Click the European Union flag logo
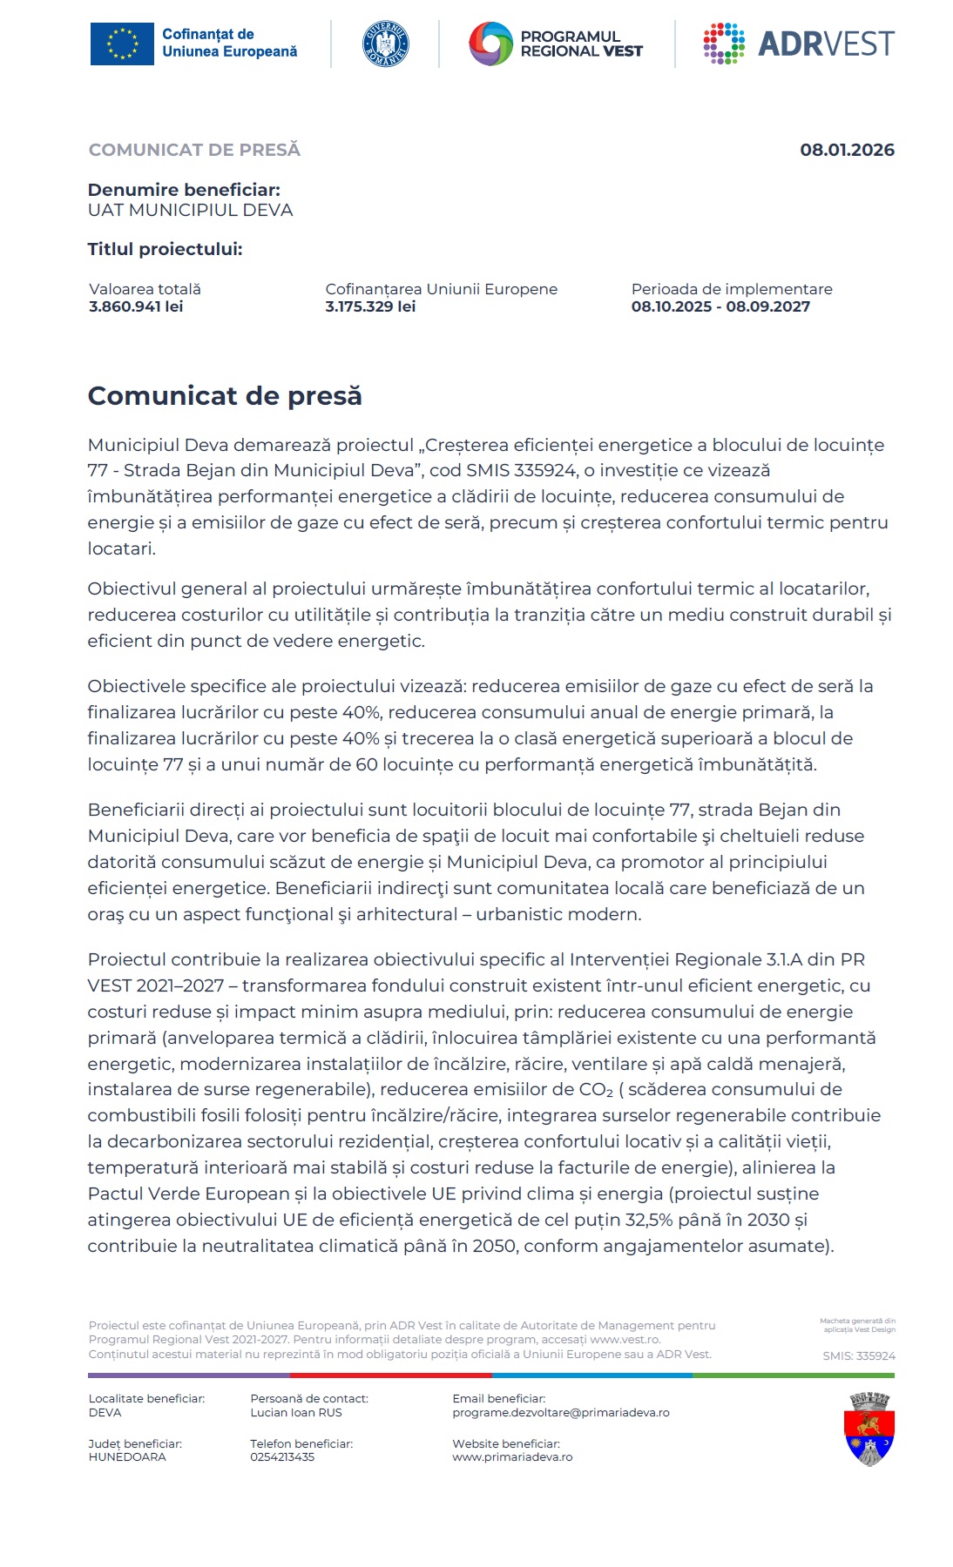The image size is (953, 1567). coord(122,44)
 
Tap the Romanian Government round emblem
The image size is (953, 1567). coord(385,44)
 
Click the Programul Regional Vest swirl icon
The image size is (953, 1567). coord(490,44)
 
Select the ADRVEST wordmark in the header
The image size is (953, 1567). coord(825,44)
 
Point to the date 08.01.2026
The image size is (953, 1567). coord(847,151)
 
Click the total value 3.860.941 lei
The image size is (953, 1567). coord(136,306)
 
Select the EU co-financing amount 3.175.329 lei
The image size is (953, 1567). coord(370,306)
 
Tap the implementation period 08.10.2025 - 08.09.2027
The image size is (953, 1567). coord(720,306)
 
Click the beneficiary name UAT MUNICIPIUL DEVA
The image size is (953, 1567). coord(190,211)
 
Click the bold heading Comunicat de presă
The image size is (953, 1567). coord(225,396)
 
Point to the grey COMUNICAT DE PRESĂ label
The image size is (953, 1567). coord(194,151)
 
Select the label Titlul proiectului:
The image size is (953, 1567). coord(165,250)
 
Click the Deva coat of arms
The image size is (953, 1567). coord(869,1429)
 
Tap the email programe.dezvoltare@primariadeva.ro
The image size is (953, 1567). coord(560,1413)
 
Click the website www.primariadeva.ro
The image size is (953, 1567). coord(512,1457)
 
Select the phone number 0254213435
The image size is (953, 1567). coord(282,1457)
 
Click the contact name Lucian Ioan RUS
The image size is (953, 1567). coord(295,1413)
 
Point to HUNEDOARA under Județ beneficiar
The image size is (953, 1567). coord(127,1457)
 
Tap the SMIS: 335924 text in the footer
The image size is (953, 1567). coord(858,1356)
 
